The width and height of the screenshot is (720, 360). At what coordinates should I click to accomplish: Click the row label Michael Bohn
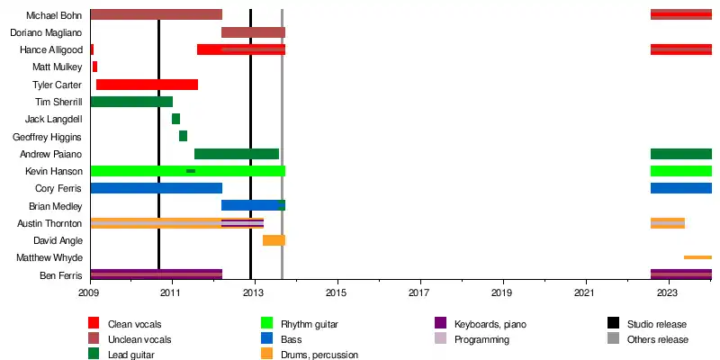pyautogui.click(x=54, y=15)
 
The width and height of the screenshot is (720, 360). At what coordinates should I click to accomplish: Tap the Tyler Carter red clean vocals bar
pyautogui.click(x=147, y=85)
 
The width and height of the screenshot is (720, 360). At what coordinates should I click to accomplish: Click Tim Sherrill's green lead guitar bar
pyautogui.click(x=131, y=102)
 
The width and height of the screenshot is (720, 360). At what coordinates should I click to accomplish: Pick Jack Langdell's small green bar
pyautogui.click(x=175, y=119)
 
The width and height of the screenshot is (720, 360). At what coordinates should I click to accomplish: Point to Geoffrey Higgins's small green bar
pyautogui.click(x=183, y=136)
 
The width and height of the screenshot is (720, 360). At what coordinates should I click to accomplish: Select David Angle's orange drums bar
pyautogui.click(x=274, y=240)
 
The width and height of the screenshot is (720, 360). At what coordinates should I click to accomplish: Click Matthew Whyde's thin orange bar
pyautogui.click(x=697, y=257)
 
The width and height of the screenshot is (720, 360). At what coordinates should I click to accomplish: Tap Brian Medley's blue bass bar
pyautogui.click(x=253, y=205)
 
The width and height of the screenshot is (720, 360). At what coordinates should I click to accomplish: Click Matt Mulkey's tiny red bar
pyautogui.click(x=94, y=67)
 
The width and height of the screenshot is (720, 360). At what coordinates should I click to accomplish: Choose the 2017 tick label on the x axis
pyautogui.click(x=419, y=292)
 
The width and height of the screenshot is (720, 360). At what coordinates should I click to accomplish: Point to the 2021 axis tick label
pyautogui.click(x=585, y=292)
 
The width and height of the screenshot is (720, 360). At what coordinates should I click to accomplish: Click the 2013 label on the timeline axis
pyautogui.click(x=254, y=292)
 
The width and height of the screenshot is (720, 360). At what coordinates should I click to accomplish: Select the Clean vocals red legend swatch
pyautogui.click(x=94, y=324)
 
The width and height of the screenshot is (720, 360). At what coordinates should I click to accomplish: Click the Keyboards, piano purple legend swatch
pyautogui.click(x=440, y=324)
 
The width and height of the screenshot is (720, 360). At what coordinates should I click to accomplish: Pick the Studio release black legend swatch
pyautogui.click(x=613, y=324)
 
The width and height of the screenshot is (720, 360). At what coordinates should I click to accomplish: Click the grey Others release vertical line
pyautogui.click(x=283, y=144)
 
